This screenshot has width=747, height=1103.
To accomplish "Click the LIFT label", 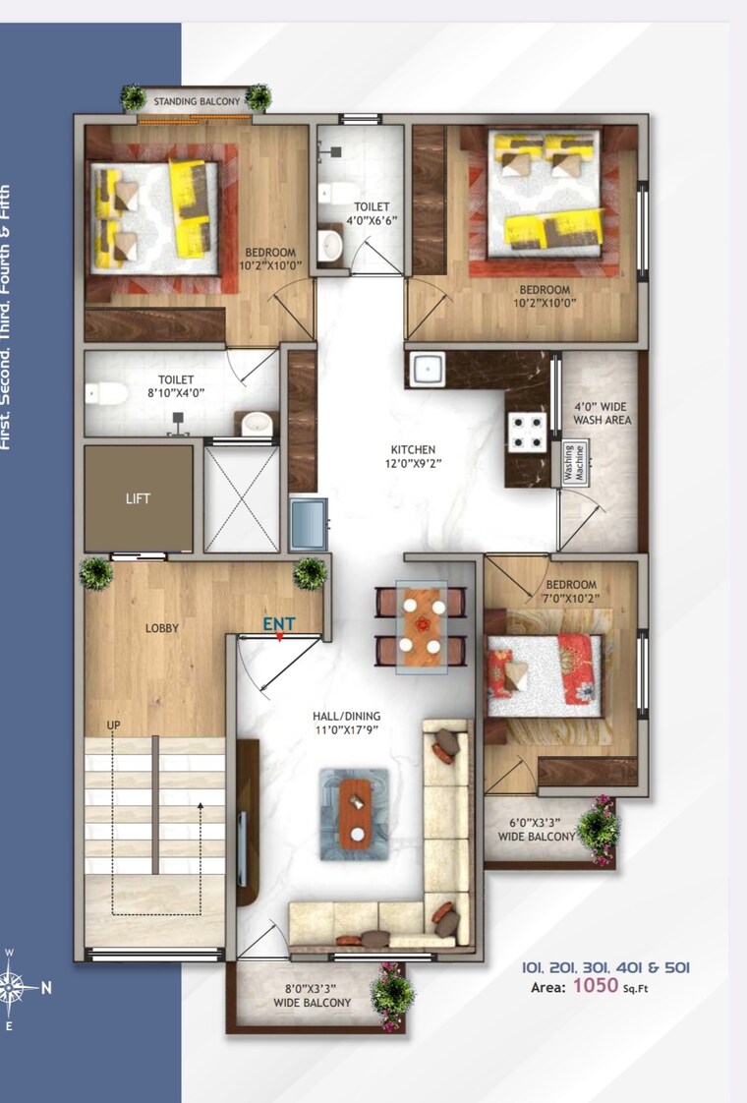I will (x=138, y=498).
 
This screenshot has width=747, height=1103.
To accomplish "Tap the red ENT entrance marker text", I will (x=277, y=623).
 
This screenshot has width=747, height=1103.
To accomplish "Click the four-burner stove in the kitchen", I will (x=527, y=430).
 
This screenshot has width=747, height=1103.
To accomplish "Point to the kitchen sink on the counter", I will (x=427, y=370).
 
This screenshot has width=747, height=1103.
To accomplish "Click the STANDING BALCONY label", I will (x=196, y=100).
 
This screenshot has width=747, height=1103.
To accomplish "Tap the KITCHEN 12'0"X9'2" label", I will (x=410, y=456).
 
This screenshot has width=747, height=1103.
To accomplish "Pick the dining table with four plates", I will (x=420, y=628).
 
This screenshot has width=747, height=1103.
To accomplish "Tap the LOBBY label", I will (x=162, y=628).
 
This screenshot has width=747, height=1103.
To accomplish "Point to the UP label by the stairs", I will (x=114, y=725).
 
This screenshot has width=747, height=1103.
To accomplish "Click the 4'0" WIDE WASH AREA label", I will (x=602, y=413).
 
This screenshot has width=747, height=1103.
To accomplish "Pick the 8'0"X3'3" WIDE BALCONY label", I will (x=313, y=995).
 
